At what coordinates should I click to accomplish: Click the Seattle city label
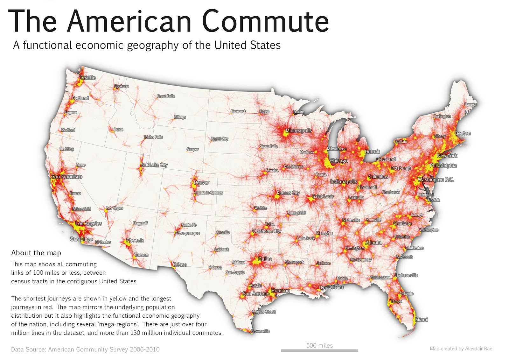pyautogui.click(x=88, y=77)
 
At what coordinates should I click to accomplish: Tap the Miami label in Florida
pyautogui.click(x=422, y=319)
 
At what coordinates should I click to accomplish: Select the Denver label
pyautogui.click(x=201, y=182)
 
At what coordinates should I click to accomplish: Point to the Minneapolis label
pyautogui.click(x=298, y=131)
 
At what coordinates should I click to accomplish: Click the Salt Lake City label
pyautogui.click(x=154, y=165)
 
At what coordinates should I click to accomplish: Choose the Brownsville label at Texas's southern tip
pyautogui.click(x=260, y=331)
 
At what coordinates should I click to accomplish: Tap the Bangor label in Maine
pyautogui.click(x=471, y=104)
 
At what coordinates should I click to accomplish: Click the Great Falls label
pyautogui.click(x=165, y=96)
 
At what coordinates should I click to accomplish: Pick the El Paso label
pyautogui.click(x=180, y=265)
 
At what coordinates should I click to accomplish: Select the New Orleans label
pyautogui.click(x=331, y=287)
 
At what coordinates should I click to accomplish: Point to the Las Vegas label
pyautogui.click(x=115, y=208)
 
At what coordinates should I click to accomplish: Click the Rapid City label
pyautogui.click(x=220, y=139)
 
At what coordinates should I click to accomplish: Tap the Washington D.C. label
pyautogui.click(x=436, y=180)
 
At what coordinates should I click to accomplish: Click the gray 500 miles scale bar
pyautogui.click(x=319, y=350)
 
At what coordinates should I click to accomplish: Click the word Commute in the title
pyautogui.click(x=265, y=21)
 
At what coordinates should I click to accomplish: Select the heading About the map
pyautogui.click(x=36, y=253)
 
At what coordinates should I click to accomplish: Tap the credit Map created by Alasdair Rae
pyautogui.click(x=461, y=349)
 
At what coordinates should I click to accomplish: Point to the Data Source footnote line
pyautogui.click(x=85, y=349)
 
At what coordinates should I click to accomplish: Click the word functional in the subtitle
pyautogui.click(x=47, y=45)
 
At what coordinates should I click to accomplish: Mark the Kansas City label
pyautogui.click(x=288, y=193)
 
